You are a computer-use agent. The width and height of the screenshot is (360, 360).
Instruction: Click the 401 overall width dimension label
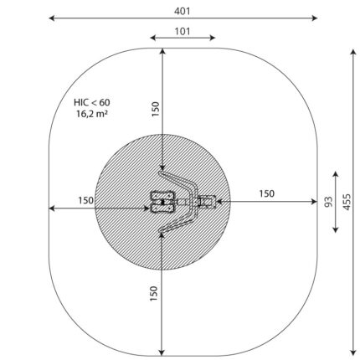pyautogui.click(x=183, y=11)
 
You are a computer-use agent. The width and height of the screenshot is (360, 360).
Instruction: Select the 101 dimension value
pyautogui.click(x=183, y=31)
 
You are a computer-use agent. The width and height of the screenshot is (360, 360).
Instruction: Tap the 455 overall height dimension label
pyautogui.click(x=347, y=202)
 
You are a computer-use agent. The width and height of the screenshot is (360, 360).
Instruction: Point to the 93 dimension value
pyautogui.click(x=329, y=202)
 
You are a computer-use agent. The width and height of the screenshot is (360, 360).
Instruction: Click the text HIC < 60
pyautogui.click(x=92, y=102)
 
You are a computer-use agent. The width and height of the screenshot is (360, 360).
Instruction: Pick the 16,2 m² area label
pyautogui.click(x=92, y=114)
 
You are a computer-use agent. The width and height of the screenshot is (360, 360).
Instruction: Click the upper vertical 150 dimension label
pyautogui.click(x=155, y=109)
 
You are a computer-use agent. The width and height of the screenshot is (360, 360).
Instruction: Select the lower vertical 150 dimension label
pyautogui.click(x=154, y=293)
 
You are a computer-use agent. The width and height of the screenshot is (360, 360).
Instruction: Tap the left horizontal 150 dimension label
pyautogui.click(x=86, y=200)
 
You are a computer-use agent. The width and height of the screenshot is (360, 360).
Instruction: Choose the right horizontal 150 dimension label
pyautogui.click(x=267, y=193)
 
